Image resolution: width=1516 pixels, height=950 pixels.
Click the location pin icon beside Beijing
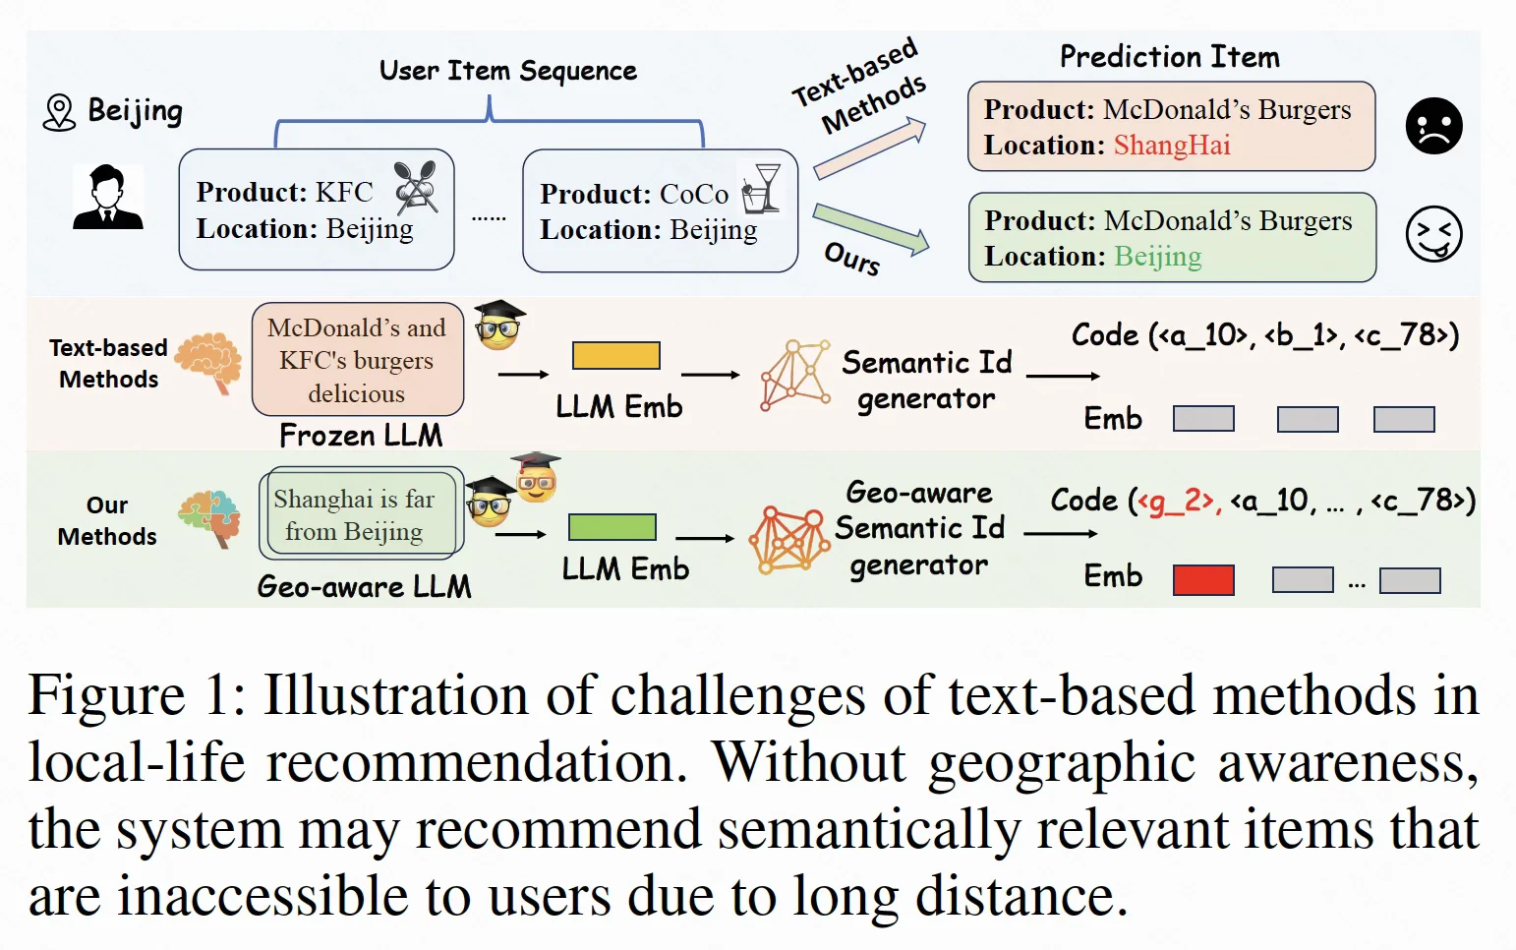coord(59,112)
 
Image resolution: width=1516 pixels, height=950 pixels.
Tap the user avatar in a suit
coord(107,197)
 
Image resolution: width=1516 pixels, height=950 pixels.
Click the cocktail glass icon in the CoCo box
coord(761,188)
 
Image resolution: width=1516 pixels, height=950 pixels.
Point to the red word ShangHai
coord(1172,145)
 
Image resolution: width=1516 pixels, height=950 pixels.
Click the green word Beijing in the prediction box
coord(1157,257)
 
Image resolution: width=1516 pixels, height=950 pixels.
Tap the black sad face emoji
coord(1433,126)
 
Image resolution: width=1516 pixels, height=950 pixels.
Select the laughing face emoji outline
coord(1433,234)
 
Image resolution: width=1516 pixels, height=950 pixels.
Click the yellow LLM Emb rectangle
coord(615,355)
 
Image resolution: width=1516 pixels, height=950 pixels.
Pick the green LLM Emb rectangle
coord(612,527)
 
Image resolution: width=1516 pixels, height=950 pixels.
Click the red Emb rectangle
coord(1203,580)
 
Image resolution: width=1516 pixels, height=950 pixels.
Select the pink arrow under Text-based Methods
coord(870,148)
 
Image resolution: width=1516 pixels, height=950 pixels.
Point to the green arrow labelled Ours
coord(871,229)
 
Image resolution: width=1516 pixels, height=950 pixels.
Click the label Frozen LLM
coord(361,436)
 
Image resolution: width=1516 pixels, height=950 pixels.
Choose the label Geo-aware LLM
coord(364,586)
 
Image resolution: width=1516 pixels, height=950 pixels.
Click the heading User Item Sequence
coord(507,71)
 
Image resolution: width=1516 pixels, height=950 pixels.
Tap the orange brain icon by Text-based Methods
coord(208,362)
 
